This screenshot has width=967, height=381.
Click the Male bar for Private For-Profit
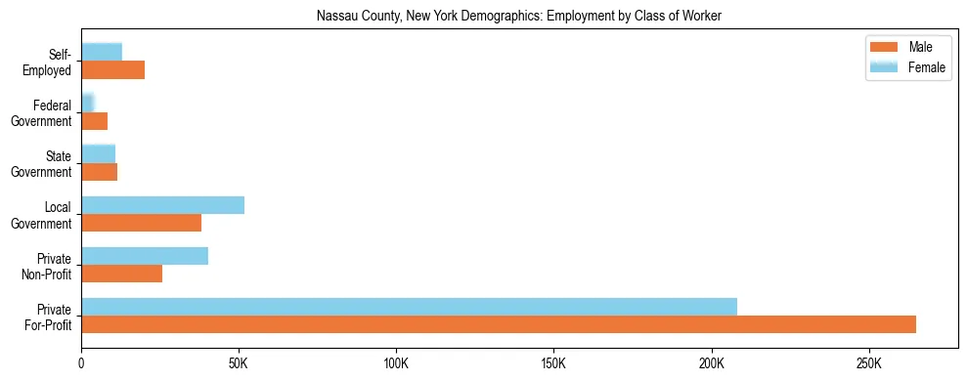pyautogui.click(x=499, y=324)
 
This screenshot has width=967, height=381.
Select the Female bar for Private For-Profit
pyautogui.click(x=409, y=307)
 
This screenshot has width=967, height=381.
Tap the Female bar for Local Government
pyautogui.click(x=162, y=205)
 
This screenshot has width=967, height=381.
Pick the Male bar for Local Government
pyautogui.click(x=141, y=223)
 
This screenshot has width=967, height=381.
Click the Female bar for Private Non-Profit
pyautogui.click(x=145, y=256)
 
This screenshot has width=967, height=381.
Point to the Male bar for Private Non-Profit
pyautogui.click(x=121, y=274)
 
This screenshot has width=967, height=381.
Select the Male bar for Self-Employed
pyautogui.click(x=112, y=70)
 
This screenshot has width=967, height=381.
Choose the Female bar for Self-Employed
pyautogui.click(x=102, y=52)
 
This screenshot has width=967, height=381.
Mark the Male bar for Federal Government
pyautogui.click(x=94, y=121)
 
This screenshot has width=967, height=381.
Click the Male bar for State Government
pyautogui.click(x=99, y=172)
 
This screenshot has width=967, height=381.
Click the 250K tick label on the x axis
pyautogui.click(x=869, y=363)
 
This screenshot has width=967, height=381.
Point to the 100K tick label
pyautogui.click(x=396, y=363)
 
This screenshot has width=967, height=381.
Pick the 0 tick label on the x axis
pyautogui.click(x=81, y=363)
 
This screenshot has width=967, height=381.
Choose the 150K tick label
pyautogui.click(x=553, y=363)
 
